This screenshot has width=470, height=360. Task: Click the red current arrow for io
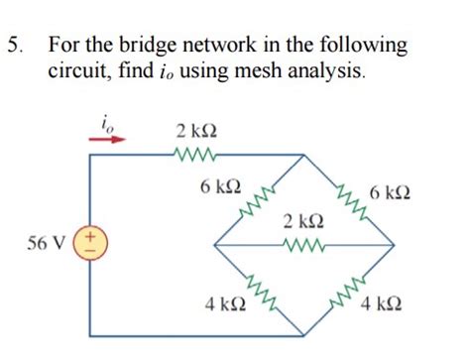[x=108, y=139]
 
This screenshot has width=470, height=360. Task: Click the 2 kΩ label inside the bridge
[x=301, y=219]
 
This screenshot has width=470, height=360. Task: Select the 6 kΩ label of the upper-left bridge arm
[x=217, y=186]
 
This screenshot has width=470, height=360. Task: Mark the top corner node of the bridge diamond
[x=302, y=156]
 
